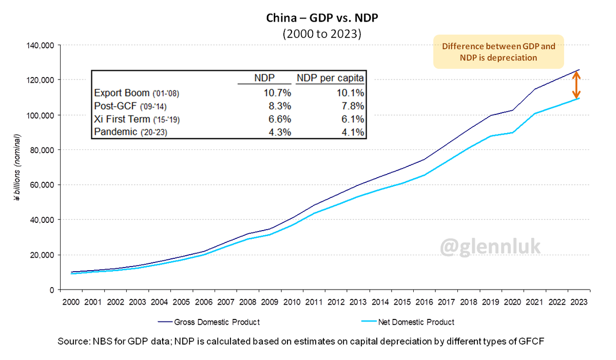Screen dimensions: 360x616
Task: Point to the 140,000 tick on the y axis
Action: click(x=41, y=45)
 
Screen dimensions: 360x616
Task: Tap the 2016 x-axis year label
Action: click(x=425, y=301)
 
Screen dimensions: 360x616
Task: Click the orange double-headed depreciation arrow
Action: click(x=577, y=85)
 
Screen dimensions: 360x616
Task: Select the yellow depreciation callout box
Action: click(x=498, y=52)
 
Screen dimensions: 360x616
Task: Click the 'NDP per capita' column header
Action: click(x=331, y=79)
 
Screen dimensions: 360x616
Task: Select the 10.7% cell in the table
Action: click(x=278, y=93)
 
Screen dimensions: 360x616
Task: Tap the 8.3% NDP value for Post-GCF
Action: click(x=280, y=106)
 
